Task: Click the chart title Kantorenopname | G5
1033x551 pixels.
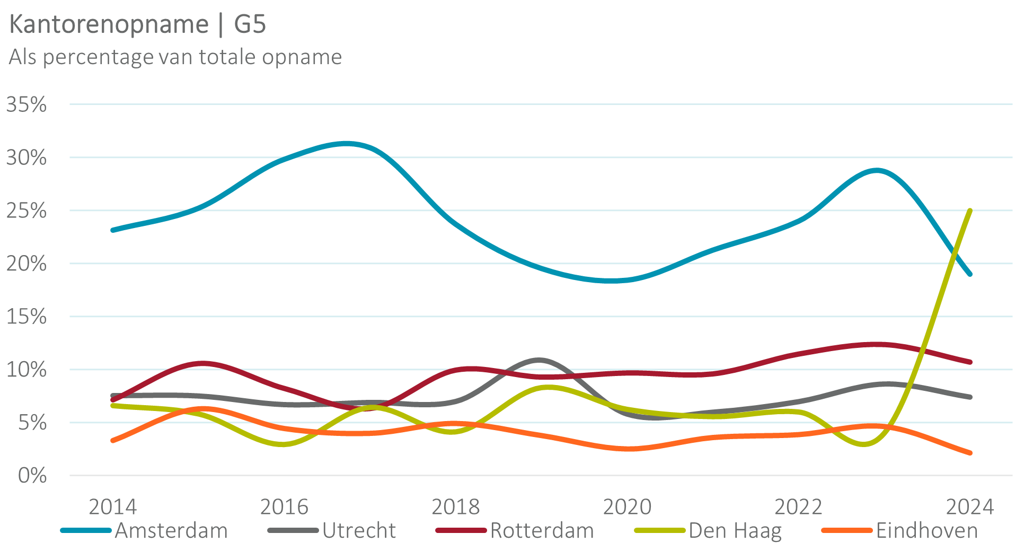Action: (138, 24)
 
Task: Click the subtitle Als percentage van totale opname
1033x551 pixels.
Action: (175, 57)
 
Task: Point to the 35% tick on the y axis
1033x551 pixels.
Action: (27, 105)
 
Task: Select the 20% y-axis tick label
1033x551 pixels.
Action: (27, 264)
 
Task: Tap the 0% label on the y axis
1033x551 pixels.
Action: (32, 476)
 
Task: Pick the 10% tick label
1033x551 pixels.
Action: (27, 370)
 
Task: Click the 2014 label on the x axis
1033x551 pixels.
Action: (112, 507)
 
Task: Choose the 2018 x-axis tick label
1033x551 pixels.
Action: (455, 507)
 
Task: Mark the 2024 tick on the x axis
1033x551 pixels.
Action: (970, 507)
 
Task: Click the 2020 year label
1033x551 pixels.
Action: (627, 507)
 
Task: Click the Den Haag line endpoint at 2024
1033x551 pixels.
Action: (970, 211)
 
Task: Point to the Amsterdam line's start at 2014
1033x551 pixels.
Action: (113, 230)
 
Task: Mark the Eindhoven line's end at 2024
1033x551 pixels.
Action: (970, 453)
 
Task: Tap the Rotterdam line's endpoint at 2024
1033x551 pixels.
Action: (970, 362)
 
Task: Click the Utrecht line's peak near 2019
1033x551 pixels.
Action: (539, 360)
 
